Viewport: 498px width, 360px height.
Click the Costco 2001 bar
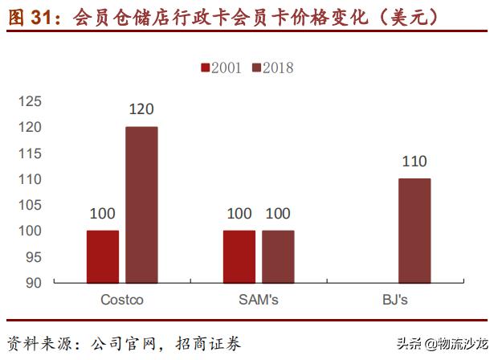tap(103, 256)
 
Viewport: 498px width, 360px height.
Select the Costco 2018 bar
tap(141, 205)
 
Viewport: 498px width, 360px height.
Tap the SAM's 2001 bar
tap(239, 256)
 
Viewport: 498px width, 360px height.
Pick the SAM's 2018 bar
tap(278, 256)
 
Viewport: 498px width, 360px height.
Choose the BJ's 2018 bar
tap(414, 231)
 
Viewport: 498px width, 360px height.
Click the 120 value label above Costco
tap(141, 109)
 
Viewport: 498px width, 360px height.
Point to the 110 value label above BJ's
tap(414, 162)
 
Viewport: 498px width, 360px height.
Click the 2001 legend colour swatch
tap(205, 67)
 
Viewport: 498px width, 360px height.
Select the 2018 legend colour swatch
tap(256, 67)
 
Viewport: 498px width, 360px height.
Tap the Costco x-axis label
tap(122, 301)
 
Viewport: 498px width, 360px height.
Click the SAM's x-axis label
tap(259, 301)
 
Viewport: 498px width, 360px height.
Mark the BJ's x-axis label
tap(395, 301)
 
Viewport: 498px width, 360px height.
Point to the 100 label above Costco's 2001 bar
tap(103, 213)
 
